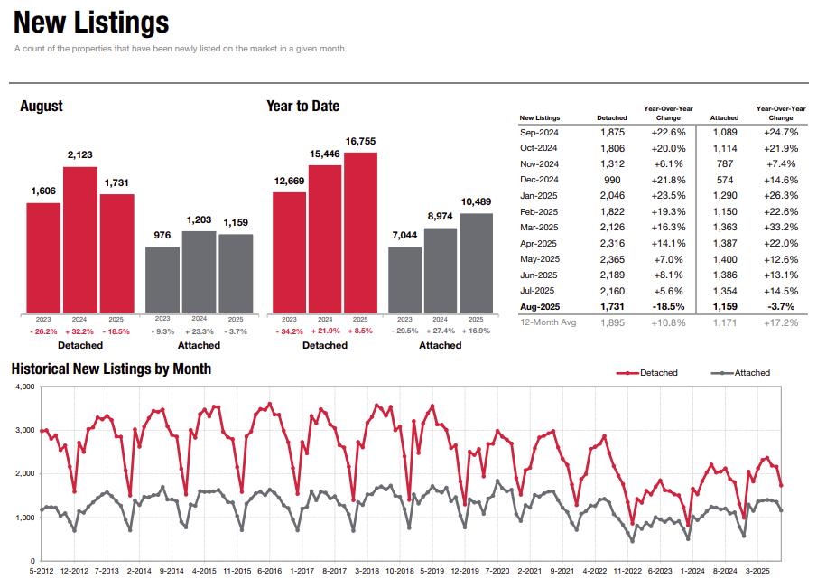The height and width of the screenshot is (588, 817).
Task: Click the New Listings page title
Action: pos(91,23)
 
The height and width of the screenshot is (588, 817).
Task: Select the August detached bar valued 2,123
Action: pos(80,239)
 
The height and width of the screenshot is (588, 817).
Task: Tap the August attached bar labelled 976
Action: pos(162,279)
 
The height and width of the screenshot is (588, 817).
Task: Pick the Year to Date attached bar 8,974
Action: pos(440,270)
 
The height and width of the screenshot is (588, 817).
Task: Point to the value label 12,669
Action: pos(289,182)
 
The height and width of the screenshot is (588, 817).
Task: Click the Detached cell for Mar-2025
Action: pos(612,227)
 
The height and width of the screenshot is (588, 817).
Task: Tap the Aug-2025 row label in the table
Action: pos(539,307)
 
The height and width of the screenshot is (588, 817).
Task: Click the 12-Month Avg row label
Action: pos(548,322)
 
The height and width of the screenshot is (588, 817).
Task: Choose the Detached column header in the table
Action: pos(612,117)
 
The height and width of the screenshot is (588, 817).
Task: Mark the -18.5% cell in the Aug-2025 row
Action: pos(669,307)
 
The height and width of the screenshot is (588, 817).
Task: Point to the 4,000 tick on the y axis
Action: pos(24,387)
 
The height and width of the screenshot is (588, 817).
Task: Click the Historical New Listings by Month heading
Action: pos(111,369)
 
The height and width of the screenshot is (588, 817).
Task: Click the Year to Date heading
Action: pos(302,106)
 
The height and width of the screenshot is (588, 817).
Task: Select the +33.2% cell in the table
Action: pos(781,227)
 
